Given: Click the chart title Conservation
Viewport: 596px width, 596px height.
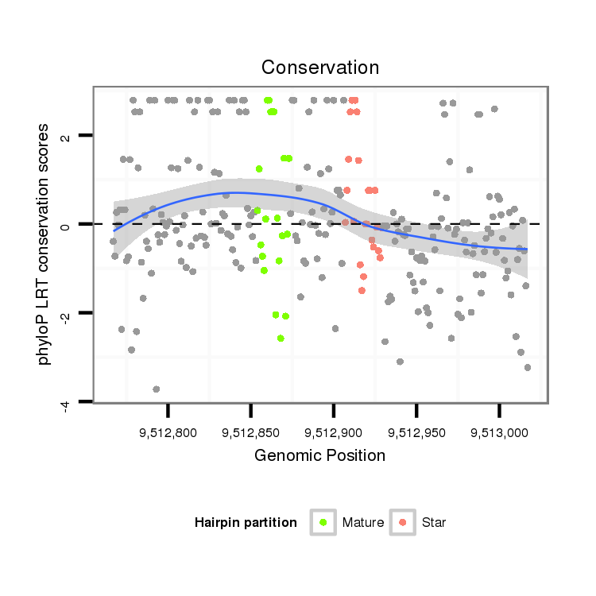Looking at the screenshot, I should pos(320,67).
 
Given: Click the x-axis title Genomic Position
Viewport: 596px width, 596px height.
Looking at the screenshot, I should pos(320,455).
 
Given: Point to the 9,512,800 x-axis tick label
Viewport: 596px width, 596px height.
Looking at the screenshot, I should pos(168,433).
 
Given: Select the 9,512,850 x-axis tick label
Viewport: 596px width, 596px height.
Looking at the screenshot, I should pos(250,433).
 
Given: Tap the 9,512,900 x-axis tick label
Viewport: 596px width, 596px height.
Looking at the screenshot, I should pos(333,433).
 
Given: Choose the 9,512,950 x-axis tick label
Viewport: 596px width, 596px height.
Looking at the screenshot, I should pos(416,433).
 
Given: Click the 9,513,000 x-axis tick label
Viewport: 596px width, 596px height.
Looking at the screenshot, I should pos(499,433).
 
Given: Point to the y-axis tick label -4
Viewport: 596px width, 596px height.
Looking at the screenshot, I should pos(66,404).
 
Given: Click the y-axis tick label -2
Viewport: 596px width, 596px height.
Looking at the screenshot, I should pos(66,315).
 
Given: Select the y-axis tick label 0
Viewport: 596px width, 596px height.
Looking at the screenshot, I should pos(66,225).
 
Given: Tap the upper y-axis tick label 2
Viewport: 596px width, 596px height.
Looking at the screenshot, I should pos(66,137).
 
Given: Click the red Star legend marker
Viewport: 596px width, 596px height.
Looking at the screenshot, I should pos(402,522).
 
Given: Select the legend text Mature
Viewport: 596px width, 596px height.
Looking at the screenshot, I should pos(363,522).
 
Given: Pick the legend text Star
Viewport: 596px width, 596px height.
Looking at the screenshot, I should pos(434,522).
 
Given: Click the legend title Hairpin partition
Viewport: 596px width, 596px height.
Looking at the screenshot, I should pos(246,522).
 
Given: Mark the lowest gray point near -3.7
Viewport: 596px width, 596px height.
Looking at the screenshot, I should pos(157,389).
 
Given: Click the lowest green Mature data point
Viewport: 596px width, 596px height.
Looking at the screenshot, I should pos(281,338).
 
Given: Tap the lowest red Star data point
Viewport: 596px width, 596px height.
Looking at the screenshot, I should pos(362,290).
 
